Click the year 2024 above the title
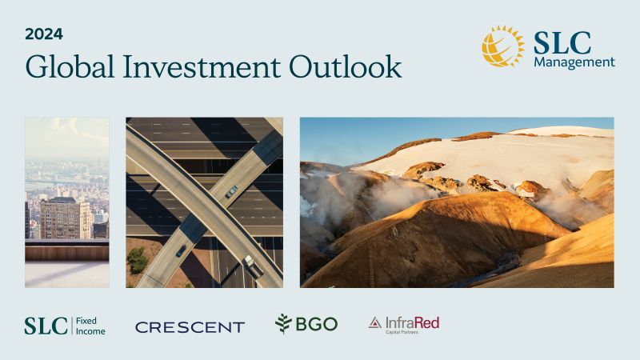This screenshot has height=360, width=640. click(x=43, y=34)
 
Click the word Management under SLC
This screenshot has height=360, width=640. click(x=574, y=62)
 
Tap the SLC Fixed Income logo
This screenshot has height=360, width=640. click(x=64, y=325)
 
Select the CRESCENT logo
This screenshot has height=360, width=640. click(x=190, y=326)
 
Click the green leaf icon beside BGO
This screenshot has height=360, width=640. click(x=283, y=323)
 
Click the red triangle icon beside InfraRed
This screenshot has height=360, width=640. click(x=375, y=322)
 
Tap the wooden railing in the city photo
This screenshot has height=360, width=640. click(x=66, y=251)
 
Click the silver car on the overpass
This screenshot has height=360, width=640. click(x=231, y=191)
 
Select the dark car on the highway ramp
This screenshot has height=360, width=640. click(x=182, y=251)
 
